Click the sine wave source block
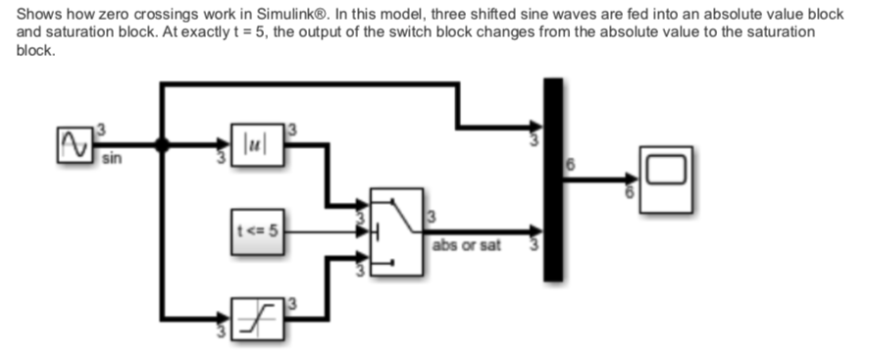75,145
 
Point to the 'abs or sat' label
466,245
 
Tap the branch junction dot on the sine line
163,145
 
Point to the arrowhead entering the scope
634,179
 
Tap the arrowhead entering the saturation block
226,318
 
